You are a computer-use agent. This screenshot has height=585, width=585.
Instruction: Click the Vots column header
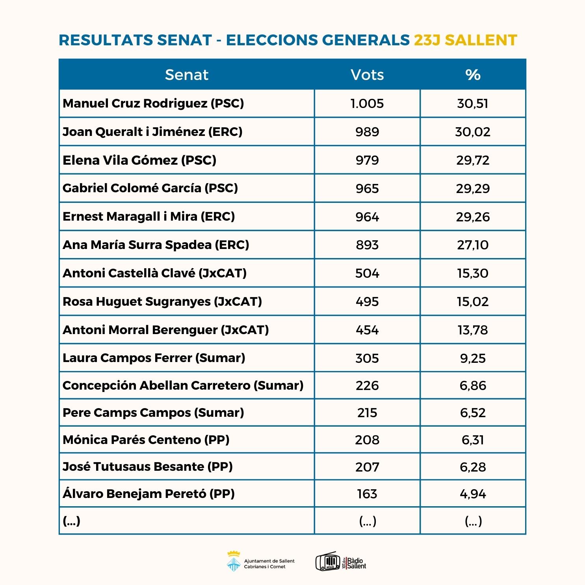(367, 74)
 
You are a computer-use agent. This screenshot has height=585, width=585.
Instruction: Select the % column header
(473, 74)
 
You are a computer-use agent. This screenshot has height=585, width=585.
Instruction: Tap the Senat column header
(186, 74)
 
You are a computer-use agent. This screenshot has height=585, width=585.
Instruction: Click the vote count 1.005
(367, 103)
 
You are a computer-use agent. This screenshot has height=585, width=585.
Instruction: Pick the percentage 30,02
(473, 132)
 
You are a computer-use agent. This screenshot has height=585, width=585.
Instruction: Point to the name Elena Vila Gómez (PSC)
(139, 160)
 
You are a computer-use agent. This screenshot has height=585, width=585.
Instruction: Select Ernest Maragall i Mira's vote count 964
(367, 217)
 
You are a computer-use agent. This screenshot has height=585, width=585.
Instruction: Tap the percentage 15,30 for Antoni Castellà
(473, 273)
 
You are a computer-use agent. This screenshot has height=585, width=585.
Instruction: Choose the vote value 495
(367, 301)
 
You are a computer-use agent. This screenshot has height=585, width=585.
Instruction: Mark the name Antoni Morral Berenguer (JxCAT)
(166, 330)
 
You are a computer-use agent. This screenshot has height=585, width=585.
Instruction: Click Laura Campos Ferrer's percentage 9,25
(473, 358)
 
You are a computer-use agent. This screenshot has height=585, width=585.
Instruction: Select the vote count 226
(367, 385)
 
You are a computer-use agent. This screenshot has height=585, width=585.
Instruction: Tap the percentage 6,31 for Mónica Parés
(473, 440)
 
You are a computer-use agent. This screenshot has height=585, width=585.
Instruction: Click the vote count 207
(367, 467)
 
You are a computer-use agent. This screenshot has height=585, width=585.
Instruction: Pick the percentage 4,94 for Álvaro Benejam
(473, 494)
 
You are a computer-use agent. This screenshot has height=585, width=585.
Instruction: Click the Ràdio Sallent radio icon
(328, 561)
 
